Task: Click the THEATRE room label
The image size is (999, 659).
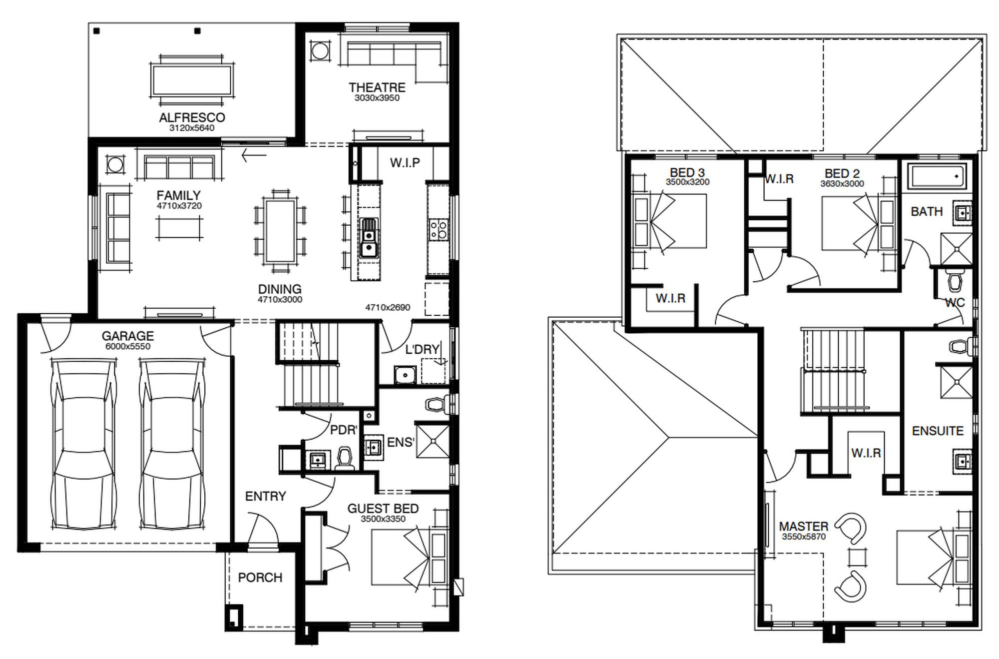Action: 377,87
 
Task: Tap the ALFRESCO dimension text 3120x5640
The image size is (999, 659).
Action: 192,128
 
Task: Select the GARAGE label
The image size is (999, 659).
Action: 128,336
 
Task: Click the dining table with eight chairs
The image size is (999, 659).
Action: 280,231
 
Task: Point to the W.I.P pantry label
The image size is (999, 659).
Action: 405,162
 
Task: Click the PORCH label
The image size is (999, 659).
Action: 260,578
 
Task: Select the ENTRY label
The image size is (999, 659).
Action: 266,496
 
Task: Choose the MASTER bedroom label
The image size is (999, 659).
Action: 804,527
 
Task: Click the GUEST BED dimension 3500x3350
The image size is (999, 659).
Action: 383,519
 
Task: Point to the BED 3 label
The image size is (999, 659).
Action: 687,173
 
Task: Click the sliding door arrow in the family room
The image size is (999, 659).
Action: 254,155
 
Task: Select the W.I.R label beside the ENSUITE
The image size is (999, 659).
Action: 866,453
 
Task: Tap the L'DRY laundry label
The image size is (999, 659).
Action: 423,349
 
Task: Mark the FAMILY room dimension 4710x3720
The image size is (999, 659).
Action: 179,206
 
